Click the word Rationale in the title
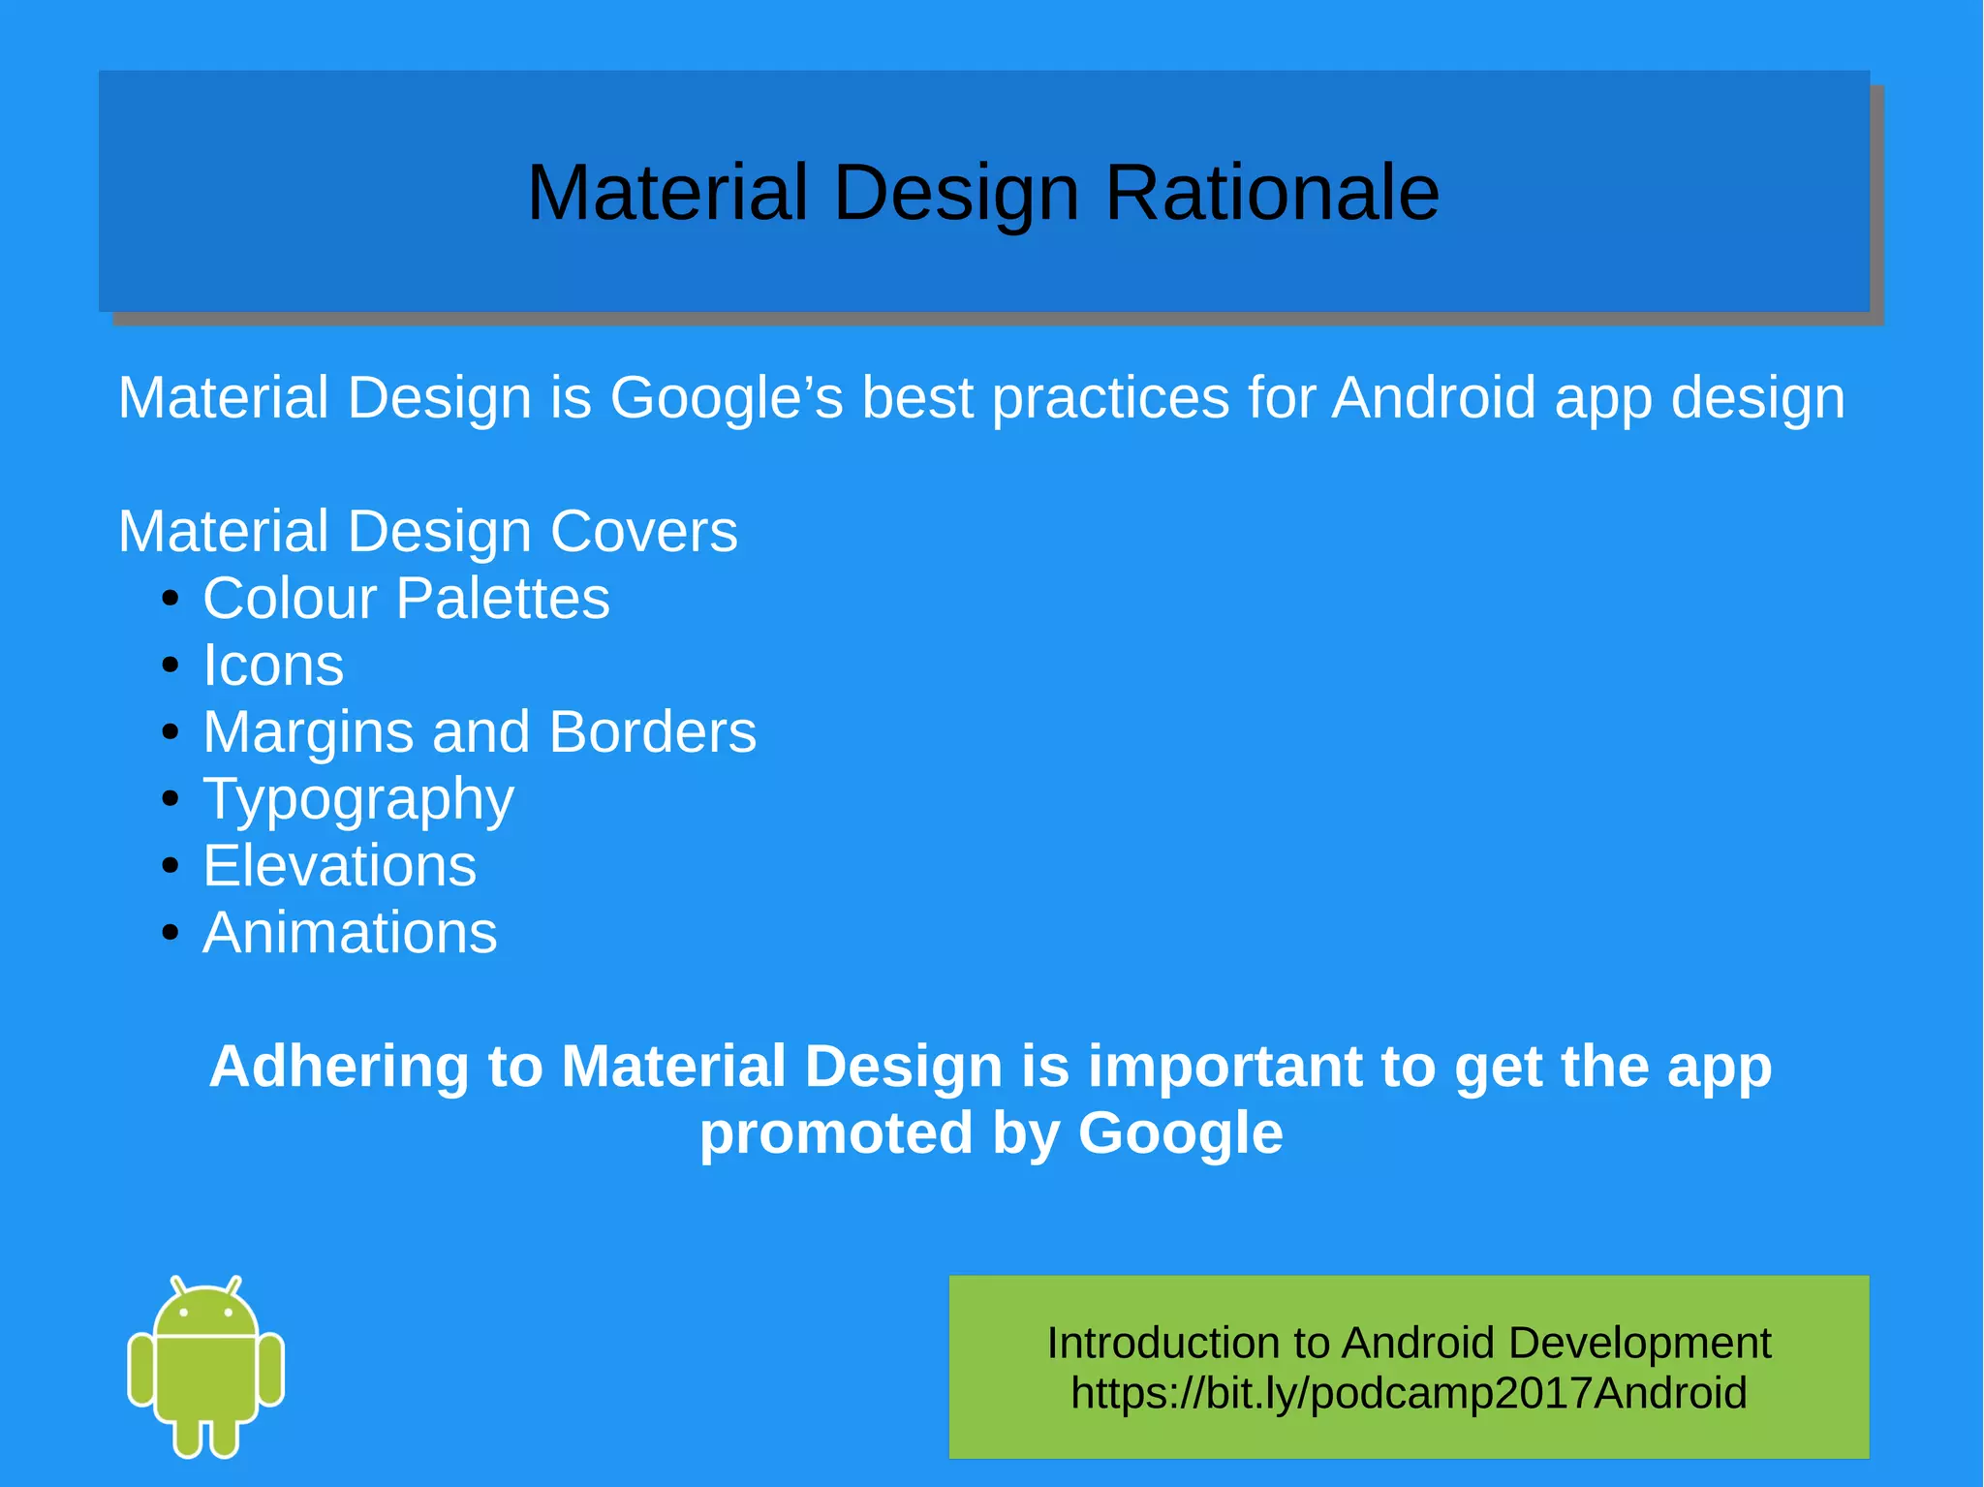point(1271,193)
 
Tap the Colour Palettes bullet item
point(406,598)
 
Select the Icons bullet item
point(273,666)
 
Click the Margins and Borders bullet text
point(480,731)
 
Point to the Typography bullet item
point(358,799)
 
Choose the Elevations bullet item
point(339,865)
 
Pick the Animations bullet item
point(350,932)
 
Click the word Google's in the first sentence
point(727,398)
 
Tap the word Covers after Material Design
point(643,532)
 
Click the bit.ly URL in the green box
point(1409,1393)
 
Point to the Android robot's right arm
point(272,1368)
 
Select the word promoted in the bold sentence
point(835,1133)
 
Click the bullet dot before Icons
point(170,666)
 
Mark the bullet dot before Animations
point(170,933)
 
